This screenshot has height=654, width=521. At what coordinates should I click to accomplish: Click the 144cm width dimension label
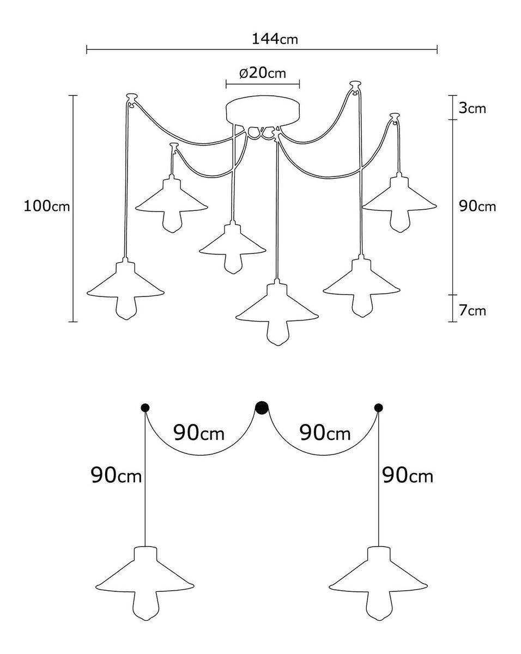(x=275, y=39)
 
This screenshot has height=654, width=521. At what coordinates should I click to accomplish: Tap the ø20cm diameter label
(x=263, y=72)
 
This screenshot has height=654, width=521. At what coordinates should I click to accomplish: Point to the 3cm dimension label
(x=472, y=108)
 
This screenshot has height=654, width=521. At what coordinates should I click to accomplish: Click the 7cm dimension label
(x=472, y=311)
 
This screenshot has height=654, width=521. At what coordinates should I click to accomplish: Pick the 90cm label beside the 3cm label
(x=478, y=207)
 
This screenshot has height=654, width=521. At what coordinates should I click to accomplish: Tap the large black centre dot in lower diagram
(x=262, y=408)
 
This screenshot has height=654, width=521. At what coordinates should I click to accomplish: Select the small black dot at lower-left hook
(x=145, y=408)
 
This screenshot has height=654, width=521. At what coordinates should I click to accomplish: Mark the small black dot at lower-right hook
(x=379, y=408)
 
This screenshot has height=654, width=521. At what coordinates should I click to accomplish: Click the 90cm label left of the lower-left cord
(x=116, y=476)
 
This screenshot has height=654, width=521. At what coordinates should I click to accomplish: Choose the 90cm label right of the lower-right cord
(x=408, y=476)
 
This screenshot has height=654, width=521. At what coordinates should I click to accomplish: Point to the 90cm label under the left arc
(x=199, y=433)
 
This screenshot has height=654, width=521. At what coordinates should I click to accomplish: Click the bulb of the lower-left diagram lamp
(x=144, y=605)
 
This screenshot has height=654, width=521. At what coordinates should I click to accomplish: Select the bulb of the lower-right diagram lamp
(x=379, y=605)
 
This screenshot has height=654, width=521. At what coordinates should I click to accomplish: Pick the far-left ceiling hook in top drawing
(x=131, y=99)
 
